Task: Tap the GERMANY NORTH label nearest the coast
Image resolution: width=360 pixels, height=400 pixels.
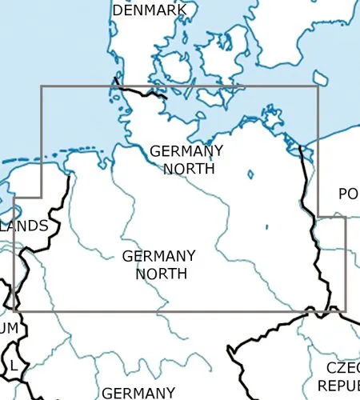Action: coord(187,159)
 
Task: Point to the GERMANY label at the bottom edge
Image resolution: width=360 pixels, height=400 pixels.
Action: coord(138,392)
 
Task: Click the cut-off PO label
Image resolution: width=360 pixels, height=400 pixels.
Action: coord(348,194)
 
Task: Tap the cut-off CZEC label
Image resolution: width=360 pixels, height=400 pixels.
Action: coord(342,367)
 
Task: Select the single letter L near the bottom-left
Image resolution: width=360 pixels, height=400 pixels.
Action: coord(13,366)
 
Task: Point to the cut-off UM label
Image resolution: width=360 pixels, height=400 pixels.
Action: coord(8,328)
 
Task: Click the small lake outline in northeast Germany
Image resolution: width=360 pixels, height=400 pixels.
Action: coord(250,174)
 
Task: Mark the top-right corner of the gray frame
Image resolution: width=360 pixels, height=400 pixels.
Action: coord(318,86)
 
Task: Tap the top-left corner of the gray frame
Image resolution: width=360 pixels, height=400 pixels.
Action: coord(42,86)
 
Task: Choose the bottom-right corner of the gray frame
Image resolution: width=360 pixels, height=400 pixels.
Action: coord(346,310)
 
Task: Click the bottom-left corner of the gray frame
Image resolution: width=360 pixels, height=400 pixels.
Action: coord(14,310)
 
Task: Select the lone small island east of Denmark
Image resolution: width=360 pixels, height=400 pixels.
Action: coord(320,78)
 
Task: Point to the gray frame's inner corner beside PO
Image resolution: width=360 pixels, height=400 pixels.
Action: coord(318,216)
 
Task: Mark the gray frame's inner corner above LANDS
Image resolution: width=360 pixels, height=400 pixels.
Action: coord(42,196)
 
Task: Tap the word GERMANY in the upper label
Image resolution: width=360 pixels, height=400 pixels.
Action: coord(186,150)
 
